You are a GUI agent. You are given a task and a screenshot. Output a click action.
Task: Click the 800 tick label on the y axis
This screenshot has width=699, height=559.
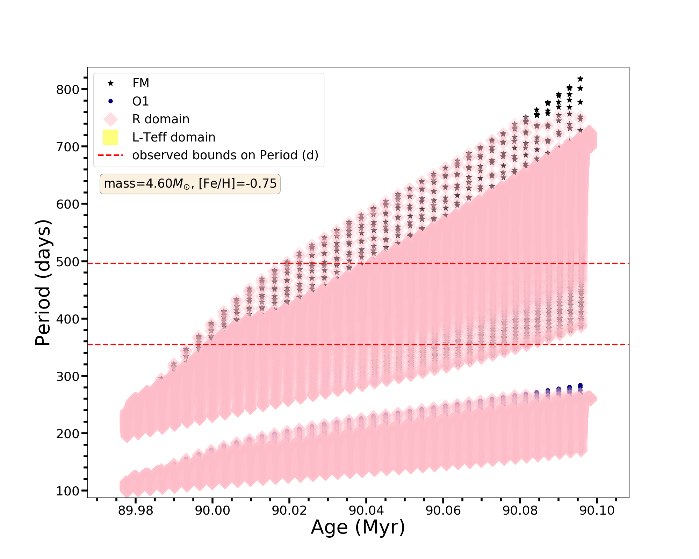68,90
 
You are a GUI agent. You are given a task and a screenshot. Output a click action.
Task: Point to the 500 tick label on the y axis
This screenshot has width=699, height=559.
68,262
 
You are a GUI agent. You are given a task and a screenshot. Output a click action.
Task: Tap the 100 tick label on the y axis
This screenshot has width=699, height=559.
68,491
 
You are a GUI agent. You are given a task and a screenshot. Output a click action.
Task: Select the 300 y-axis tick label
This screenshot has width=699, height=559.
68,376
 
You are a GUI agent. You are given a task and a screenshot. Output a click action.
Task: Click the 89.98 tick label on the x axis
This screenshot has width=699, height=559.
136,510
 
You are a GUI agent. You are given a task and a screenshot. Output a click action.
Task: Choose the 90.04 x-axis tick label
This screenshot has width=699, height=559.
366,510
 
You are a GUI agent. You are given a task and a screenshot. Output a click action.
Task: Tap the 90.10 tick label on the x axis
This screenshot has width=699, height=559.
597,510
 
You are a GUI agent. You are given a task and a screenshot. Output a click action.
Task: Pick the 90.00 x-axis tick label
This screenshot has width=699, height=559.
212,510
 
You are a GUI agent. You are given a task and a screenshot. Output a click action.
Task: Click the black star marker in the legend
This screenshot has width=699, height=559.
110,83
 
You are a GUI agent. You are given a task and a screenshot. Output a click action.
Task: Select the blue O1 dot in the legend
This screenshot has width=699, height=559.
110,101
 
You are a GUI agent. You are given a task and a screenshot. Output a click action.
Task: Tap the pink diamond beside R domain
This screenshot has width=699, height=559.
110,119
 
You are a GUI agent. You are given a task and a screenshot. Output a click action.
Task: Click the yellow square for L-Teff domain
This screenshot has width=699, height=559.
110,137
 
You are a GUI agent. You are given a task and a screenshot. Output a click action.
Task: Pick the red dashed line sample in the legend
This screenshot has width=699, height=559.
110,155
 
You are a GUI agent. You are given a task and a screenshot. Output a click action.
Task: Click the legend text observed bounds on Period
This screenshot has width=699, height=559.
225,155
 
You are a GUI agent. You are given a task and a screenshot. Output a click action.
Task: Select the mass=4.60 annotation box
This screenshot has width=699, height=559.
190,184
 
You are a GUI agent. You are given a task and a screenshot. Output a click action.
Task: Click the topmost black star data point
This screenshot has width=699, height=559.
580,79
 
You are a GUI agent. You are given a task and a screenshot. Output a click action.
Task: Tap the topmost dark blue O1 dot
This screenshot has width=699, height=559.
580,385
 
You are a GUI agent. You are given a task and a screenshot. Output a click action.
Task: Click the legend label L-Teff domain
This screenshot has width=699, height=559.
174,137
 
